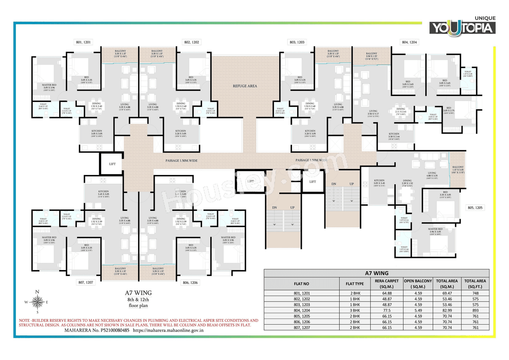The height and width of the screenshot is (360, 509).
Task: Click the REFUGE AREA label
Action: tap(245, 86)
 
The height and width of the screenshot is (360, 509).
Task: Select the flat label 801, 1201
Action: tap(84, 42)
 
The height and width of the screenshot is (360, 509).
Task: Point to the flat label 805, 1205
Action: tap(476, 208)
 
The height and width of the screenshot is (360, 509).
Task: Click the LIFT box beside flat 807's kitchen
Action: tap(113, 163)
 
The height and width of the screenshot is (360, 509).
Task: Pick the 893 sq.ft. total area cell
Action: tap(475, 310)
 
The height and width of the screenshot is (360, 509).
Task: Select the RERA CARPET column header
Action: tap(387, 283)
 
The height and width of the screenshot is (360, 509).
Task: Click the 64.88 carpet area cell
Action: tap(387, 293)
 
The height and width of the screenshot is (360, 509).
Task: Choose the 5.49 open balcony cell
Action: tap(418, 310)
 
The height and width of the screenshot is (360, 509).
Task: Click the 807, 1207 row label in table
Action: tap(301, 327)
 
